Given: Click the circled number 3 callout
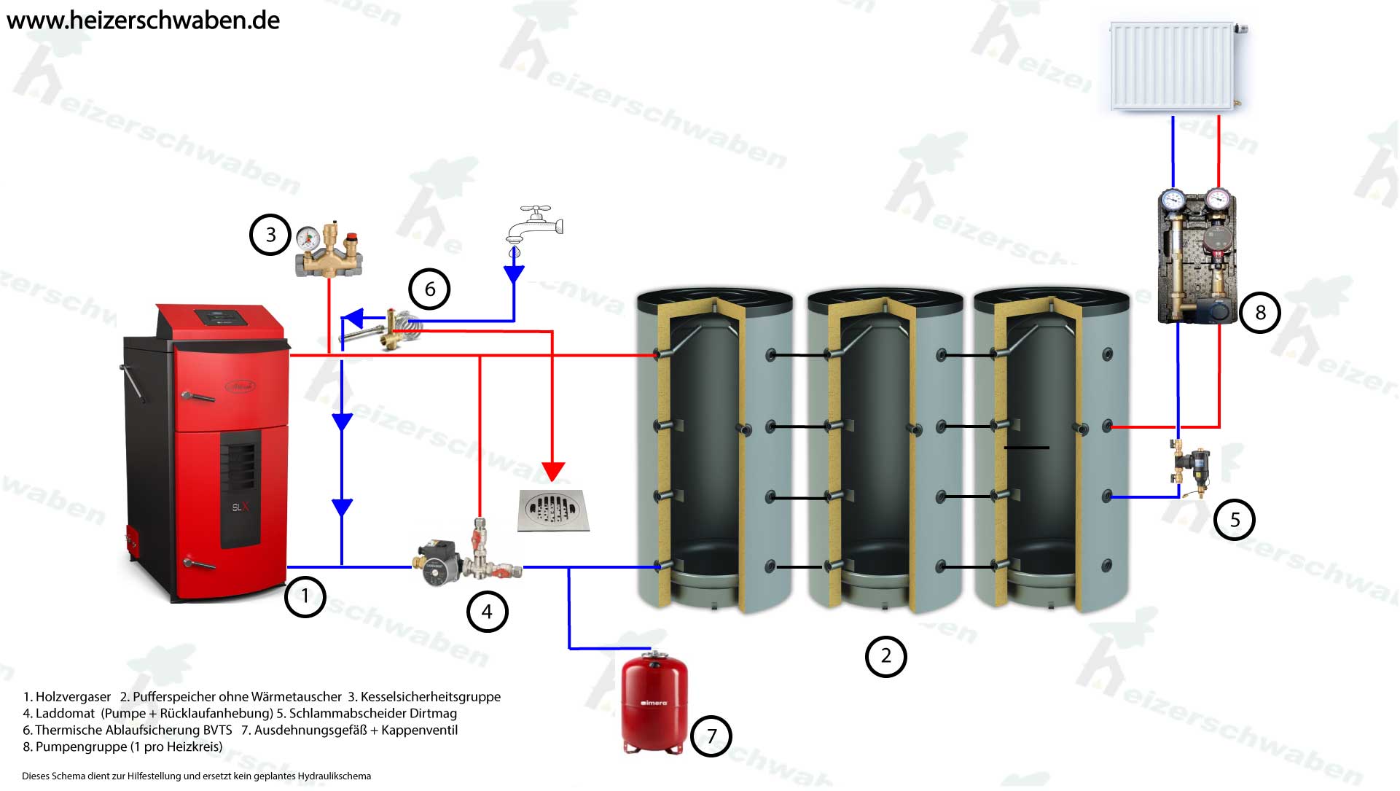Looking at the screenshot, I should tap(270, 235).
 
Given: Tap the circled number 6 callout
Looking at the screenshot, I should tap(429, 289).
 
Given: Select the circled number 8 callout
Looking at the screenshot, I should tap(1260, 313).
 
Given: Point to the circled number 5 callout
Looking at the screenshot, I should tap(1235, 520).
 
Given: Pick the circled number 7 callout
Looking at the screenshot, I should tap(711, 736).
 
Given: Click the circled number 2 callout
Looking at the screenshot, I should tap(885, 656).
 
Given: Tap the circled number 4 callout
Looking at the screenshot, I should tap(487, 612).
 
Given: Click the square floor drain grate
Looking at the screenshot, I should tap(553, 510).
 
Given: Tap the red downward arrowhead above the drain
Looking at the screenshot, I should tap(553, 472).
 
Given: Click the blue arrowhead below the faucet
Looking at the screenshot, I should tap(514, 275).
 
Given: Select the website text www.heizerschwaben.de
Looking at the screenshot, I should tap(143, 20).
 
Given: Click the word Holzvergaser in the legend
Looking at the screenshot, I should tap(73, 697).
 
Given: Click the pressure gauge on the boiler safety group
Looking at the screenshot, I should tap(309, 236).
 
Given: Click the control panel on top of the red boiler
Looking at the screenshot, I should tap(219, 317).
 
